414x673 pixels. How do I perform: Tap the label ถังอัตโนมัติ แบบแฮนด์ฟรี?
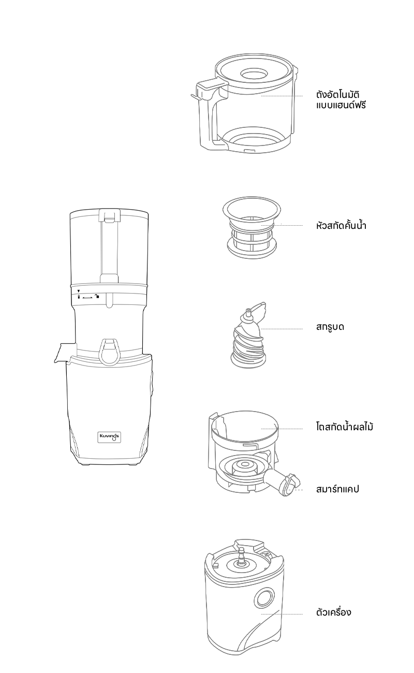click(341, 100)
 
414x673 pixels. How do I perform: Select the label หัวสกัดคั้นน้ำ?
click(341, 226)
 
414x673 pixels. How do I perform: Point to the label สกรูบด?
click(330, 327)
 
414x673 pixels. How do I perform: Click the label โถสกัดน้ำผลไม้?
click(345, 427)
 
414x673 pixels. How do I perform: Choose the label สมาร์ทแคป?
click(337, 489)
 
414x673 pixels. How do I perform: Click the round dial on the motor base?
click(264, 598)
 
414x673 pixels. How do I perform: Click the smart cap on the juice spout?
click(290, 485)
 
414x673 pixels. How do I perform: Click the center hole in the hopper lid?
click(254, 74)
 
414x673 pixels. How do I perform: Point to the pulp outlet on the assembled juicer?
click(65, 352)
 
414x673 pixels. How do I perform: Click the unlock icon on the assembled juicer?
click(96, 297)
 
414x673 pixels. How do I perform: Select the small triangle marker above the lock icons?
click(79, 291)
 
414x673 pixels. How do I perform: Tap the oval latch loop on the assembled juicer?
click(109, 351)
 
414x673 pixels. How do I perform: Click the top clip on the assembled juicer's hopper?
click(109, 215)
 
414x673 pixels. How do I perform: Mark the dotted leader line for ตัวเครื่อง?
click(282, 614)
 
